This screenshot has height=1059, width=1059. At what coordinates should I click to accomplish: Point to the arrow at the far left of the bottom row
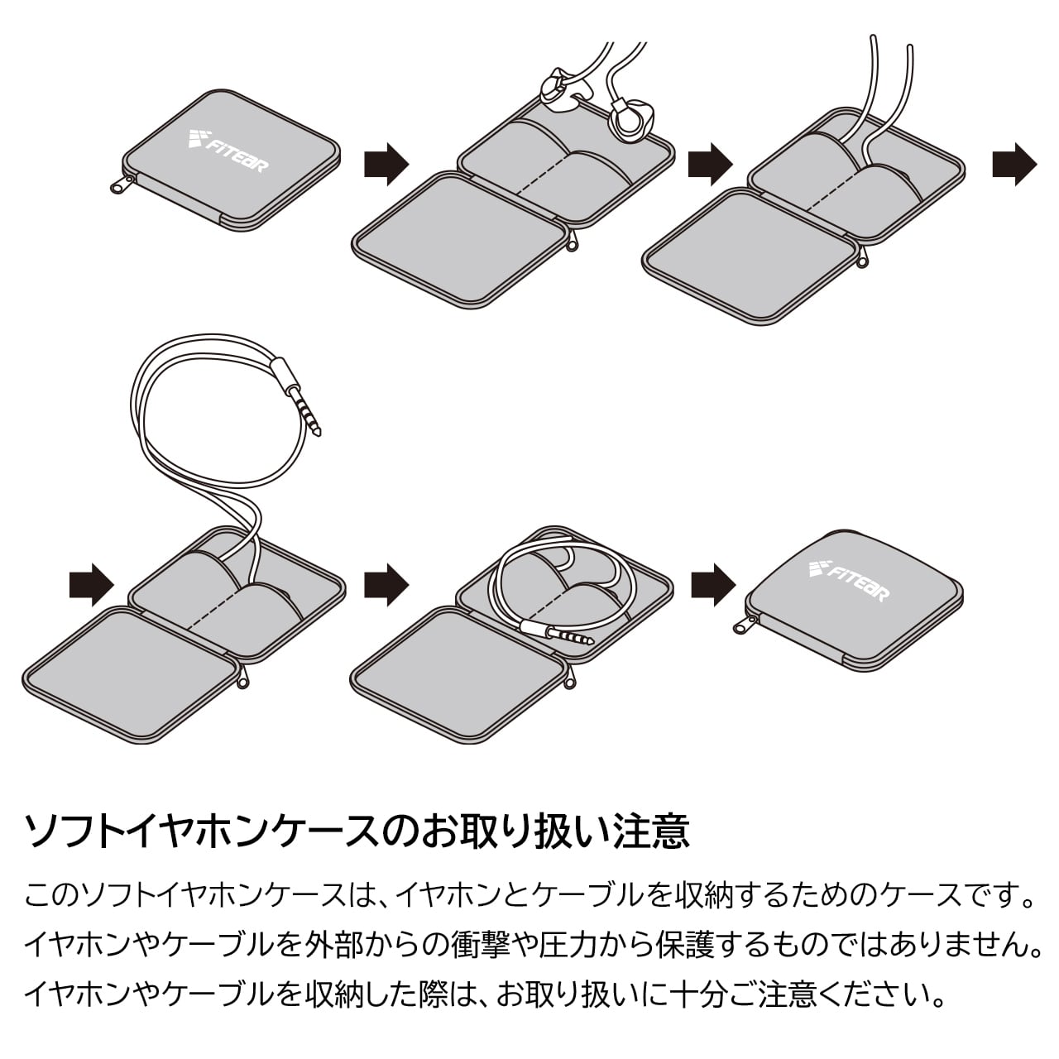(91, 585)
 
